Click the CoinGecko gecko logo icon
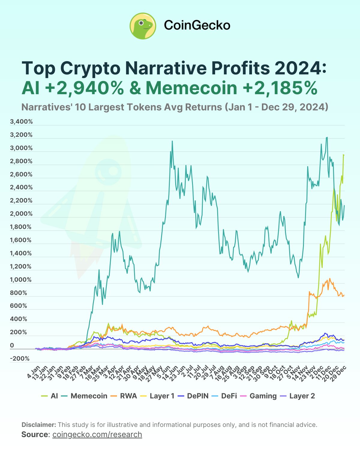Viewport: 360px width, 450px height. point(143,26)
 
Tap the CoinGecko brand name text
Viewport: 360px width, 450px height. point(197,25)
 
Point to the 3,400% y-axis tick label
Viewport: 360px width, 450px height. point(21,121)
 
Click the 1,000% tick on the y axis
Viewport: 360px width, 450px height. point(21,280)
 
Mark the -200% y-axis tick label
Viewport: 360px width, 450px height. point(20,358)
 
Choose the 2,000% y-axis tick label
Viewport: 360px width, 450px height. point(21,214)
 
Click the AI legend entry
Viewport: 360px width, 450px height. point(50,396)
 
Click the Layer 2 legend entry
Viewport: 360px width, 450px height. point(297,396)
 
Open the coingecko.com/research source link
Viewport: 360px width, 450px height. point(97,434)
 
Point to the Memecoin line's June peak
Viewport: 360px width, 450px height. point(172,141)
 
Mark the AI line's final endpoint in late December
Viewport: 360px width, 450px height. point(344,155)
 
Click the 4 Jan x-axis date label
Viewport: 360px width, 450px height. point(34,372)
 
